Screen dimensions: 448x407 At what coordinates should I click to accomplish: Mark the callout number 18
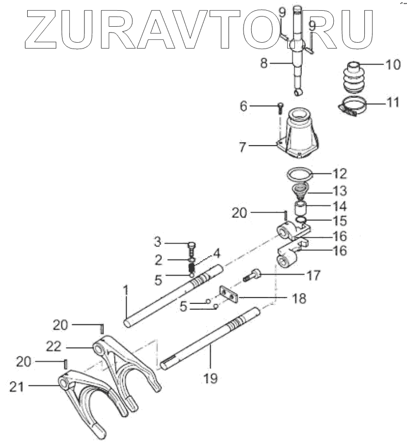point(299,299)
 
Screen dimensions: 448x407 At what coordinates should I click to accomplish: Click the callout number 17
point(313,276)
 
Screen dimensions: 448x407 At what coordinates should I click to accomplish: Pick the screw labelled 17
point(256,277)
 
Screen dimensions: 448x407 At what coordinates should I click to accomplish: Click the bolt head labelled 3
point(191,244)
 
